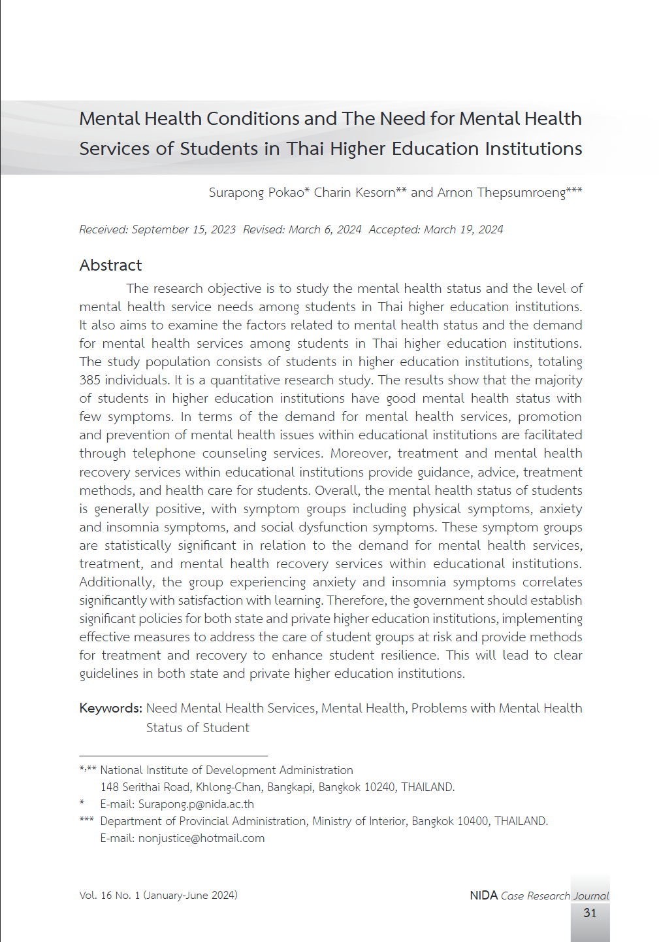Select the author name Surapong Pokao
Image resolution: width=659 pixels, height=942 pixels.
[x=256, y=192]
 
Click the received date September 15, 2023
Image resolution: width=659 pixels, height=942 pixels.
[x=184, y=229]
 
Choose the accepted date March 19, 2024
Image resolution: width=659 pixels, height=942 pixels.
[x=463, y=229]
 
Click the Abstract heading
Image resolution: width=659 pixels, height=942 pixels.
[x=110, y=265]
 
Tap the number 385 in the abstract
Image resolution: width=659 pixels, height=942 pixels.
[x=90, y=380]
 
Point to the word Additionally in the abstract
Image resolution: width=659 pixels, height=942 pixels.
[x=116, y=582]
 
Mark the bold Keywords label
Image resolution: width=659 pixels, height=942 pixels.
[x=110, y=708]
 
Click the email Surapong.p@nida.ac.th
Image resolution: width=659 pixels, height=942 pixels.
[x=196, y=804]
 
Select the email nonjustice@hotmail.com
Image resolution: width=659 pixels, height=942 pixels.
[x=201, y=838]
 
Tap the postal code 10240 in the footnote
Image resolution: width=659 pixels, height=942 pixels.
[x=379, y=787]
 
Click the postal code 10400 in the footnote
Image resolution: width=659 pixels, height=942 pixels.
[x=472, y=821]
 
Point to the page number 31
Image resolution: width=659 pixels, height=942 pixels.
[x=590, y=913]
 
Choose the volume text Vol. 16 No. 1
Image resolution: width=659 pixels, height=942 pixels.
[x=110, y=896]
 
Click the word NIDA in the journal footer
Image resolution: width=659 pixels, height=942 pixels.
[x=483, y=896]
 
